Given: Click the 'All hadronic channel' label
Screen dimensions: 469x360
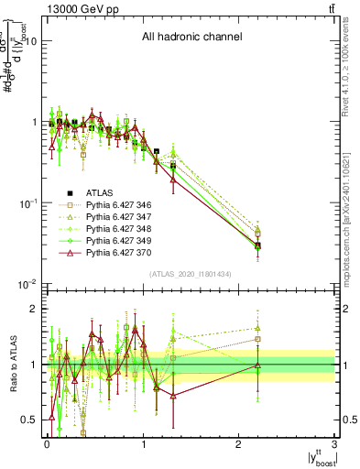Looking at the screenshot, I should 191,38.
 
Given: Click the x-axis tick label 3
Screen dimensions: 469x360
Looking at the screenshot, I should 335,442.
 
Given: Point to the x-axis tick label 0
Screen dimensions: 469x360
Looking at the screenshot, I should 47,442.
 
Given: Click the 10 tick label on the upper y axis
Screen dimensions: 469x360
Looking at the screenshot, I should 29,41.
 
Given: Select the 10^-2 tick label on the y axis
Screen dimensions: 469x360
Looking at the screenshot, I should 26,284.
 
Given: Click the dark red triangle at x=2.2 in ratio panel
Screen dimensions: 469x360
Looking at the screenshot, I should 258,366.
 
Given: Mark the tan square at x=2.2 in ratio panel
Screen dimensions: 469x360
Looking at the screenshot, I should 258,339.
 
